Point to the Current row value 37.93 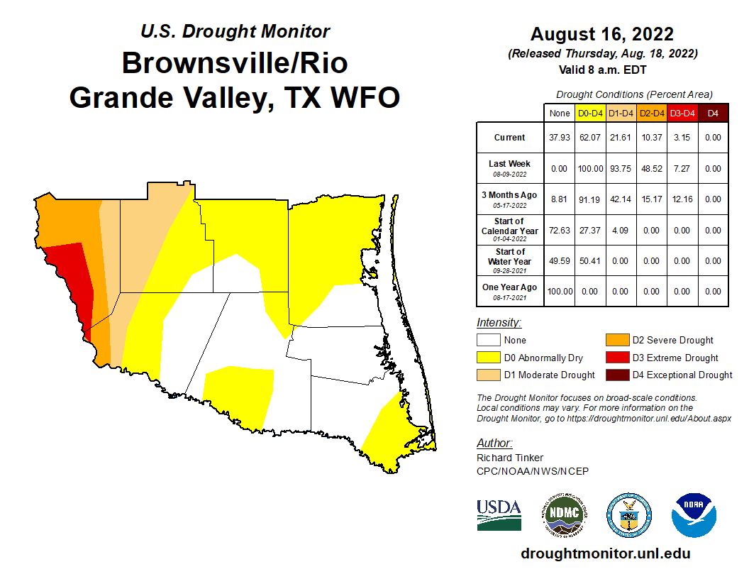coord(559,138)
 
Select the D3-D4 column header coord(682,113)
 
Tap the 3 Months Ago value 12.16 coord(682,199)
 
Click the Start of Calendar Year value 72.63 coord(559,231)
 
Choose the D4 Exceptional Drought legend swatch coord(616,375)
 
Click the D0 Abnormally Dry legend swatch coord(488,358)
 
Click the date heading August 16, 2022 coord(601,34)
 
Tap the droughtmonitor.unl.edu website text coord(605,553)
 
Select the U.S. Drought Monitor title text coord(235,31)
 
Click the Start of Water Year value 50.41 coord(590,261)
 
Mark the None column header coord(559,113)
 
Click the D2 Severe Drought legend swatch coord(616,341)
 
